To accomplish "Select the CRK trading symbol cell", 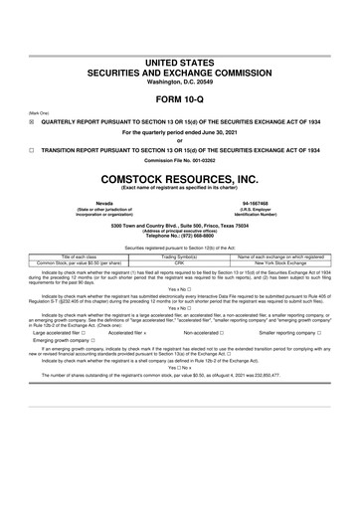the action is (x=181, y=263).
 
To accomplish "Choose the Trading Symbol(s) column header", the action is (x=181, y=256).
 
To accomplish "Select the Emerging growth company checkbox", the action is (x=92, y=340).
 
